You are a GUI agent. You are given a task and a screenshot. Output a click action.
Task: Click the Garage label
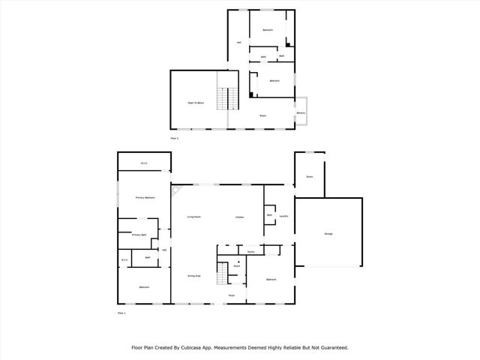(x=328, y=235)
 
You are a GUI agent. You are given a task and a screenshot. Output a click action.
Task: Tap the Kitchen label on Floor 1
(x=240, y=217)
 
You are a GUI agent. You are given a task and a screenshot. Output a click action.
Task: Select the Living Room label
(x=193, y=217)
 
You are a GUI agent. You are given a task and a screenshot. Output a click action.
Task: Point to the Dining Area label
(x=193, y=276)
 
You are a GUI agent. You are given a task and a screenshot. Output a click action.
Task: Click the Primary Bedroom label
(x=145, y=197)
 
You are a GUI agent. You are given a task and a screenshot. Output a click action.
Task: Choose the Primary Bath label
(x=139, y=235)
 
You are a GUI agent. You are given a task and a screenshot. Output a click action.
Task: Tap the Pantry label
(x=250, y=252)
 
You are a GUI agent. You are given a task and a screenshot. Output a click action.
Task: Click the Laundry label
(x=283, y=216)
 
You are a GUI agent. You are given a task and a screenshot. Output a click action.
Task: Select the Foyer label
(x=232, y=295)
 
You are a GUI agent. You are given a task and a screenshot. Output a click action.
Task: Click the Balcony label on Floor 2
(x=301, y=112)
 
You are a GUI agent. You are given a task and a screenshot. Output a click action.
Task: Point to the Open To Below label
(x=196, y=102)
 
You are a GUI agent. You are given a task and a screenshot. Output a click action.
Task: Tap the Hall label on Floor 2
(x=238, y=42)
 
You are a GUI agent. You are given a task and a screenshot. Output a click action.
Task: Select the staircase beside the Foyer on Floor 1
(x=221, y=273)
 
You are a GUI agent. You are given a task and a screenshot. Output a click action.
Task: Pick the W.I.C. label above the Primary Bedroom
(x=144, y=163)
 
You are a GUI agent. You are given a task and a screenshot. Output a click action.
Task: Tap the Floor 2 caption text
(x=175, y=138)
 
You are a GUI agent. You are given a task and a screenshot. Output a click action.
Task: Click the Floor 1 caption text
(x=121, y=312)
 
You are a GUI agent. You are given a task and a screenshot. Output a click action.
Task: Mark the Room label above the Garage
(x=309, y=177)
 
